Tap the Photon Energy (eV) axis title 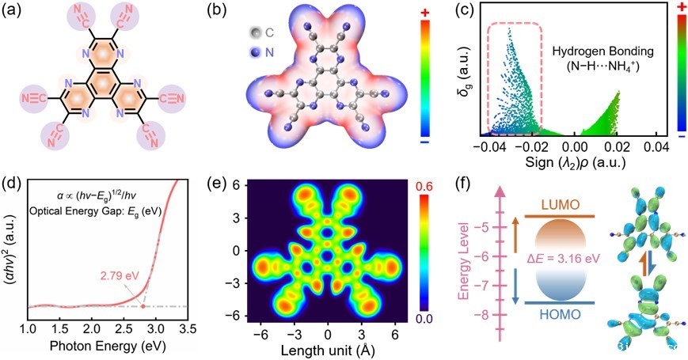tap(105, 346)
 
